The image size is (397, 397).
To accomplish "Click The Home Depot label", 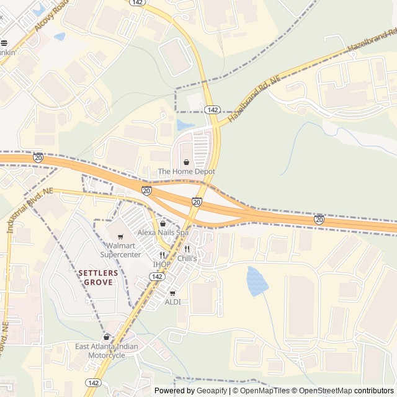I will (187, 171).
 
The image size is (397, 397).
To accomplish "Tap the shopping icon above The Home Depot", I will (187, 162).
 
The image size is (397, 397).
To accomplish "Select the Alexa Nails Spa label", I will (163, 232).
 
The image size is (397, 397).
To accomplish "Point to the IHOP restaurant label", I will (161, 264).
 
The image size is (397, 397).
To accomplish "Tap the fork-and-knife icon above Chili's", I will (187, 249).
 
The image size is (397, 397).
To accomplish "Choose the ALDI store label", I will (172, 302).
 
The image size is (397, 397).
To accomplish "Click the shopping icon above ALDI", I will (172, 293).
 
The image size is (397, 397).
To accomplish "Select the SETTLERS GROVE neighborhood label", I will (96, 277).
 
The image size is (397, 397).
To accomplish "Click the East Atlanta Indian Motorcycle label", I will (107, 351).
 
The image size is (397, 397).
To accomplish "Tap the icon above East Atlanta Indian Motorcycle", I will (107, 337).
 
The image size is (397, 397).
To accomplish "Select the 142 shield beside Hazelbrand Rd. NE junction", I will (213, 110).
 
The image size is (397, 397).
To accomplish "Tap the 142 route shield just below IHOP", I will (158, 277).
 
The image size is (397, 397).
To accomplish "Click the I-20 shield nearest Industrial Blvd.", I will (38, 158).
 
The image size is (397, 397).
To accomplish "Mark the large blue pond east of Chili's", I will (257, 281).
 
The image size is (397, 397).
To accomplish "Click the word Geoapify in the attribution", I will (212, 391).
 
